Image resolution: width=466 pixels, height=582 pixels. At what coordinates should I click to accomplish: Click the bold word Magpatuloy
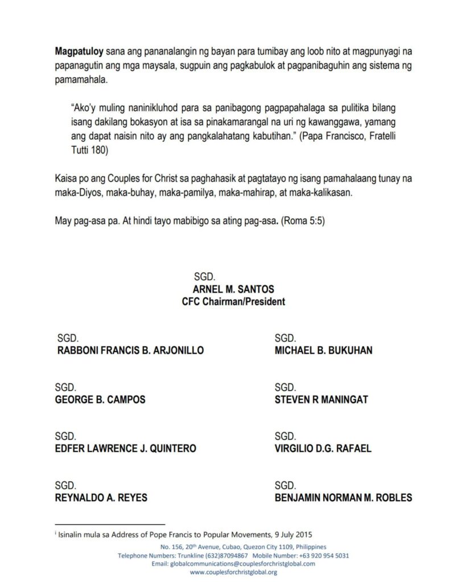click(76, 51)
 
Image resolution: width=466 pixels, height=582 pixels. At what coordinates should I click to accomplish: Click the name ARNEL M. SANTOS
click(233, 290)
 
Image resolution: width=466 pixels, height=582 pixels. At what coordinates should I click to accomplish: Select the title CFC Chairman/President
click(233, 302)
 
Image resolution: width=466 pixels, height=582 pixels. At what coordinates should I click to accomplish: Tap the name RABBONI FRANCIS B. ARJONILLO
click(130, 351)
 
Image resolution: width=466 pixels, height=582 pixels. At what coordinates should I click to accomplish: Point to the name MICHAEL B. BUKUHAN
click(323, 351)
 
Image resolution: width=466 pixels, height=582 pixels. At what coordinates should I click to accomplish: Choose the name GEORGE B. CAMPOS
click(100, 400)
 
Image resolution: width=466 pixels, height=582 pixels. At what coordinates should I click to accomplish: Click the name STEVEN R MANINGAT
click(321, 400)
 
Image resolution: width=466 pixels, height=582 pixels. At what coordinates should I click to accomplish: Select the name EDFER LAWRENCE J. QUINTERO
click(126, 448)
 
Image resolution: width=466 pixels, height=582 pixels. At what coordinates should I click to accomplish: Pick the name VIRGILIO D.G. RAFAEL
click(323, 448)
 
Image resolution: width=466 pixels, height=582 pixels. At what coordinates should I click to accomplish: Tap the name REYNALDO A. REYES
click(101, 498)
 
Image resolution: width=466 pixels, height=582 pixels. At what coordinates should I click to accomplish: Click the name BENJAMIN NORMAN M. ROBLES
click(343, 498)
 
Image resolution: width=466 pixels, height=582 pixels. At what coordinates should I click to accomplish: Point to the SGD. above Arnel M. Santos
click(204, 277)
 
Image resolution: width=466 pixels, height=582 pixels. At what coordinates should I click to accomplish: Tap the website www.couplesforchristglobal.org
click(233, 572)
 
